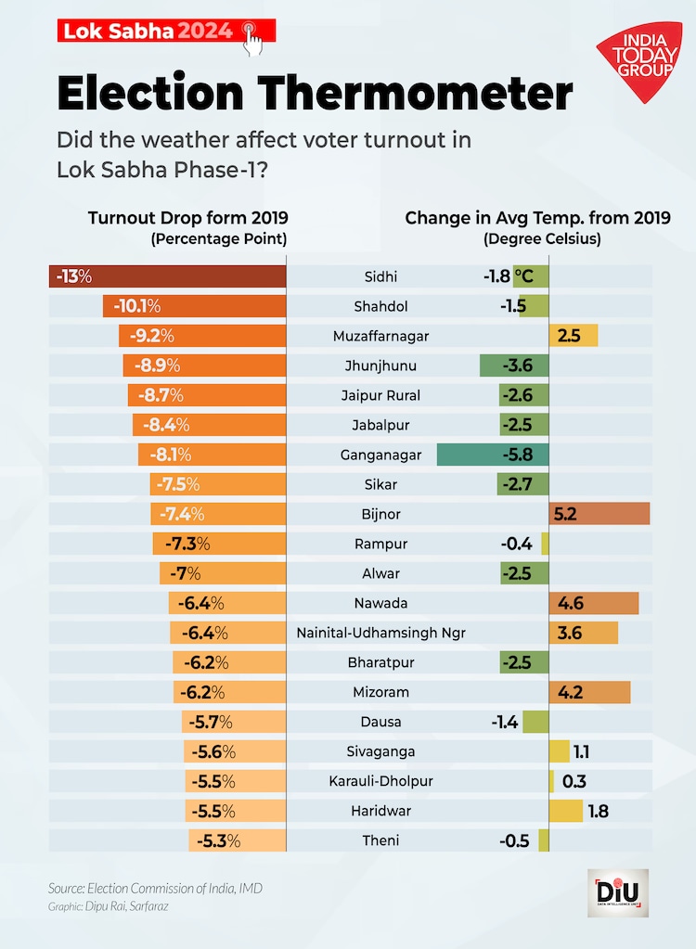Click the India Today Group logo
pos(638,62)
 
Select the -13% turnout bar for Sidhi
pos(167,276)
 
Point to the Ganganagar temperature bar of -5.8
pos(493,455)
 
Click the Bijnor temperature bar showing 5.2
pos(599,514)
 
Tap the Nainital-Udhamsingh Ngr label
pos(380,633)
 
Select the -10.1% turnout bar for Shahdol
pos(194,306)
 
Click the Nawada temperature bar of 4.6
pos(594,603)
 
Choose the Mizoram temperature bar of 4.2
pos(590,692)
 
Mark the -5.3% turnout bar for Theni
pos(237,840)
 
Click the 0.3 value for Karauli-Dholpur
pos(574,781)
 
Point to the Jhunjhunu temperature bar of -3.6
pos(514,365)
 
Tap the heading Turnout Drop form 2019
pos(187,218)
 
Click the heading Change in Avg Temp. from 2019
pos(537,218)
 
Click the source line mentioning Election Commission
pos(155,888)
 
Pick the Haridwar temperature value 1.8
pos(598,811)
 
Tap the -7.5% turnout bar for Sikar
pos(218,484)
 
